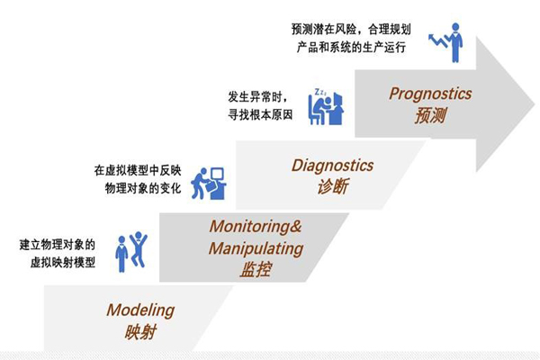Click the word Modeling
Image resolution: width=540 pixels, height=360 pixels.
point(140,310)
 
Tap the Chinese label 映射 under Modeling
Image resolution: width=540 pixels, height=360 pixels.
point(141,332)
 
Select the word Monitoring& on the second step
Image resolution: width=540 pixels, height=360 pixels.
point(256,227)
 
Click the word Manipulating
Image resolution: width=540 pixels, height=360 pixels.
point(256,248)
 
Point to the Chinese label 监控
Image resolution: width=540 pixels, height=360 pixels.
point(256,269)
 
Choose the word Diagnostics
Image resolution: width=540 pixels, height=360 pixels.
point(332,166)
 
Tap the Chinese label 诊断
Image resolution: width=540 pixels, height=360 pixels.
point(333,186)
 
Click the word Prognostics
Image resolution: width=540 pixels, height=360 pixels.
point(430,94)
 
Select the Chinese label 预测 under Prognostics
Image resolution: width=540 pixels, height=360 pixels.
point(430,115)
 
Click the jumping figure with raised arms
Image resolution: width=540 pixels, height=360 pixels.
point(139,249)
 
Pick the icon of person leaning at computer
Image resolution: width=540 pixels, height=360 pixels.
point(209,184)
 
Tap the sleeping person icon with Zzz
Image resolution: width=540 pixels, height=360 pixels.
point(326,107)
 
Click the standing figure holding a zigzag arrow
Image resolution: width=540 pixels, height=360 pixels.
point(446,42)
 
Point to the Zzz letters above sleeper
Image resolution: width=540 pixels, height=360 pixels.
point(319,92)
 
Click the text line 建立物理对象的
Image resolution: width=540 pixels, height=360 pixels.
point(58,245)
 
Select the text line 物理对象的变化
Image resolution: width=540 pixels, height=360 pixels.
point(143,188)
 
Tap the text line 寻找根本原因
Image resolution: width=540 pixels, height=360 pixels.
point(260,114)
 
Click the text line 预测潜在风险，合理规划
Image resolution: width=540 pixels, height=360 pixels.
point(351,30)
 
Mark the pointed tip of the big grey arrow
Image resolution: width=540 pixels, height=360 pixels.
point(534,103)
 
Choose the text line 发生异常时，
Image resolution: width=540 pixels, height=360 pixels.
point(257,97)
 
